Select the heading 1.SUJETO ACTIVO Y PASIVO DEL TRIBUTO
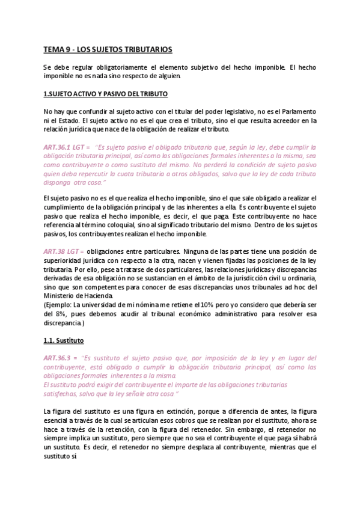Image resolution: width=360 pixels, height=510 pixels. click(x=105, y=94)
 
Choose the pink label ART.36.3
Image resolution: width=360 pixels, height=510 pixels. click(x=58, y=357)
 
